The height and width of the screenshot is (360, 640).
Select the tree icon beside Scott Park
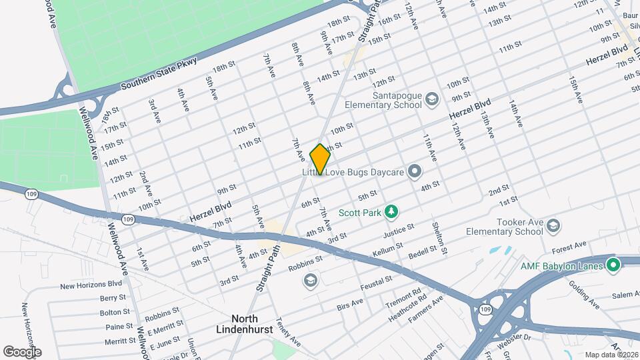(393, 212)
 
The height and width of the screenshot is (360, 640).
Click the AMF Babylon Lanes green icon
(614, 265)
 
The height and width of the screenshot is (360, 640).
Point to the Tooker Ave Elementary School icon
(553, 227)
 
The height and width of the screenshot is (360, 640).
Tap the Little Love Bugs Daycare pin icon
(414, 172)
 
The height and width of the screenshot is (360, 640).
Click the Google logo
(21, 352)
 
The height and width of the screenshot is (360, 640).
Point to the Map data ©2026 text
(611, 355)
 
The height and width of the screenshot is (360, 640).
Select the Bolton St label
(113, 312)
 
